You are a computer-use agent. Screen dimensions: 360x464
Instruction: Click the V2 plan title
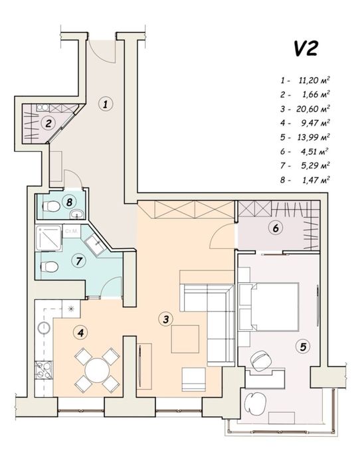click(x=306, y=48)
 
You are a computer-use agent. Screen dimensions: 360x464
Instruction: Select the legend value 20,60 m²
click(x=314, y=109)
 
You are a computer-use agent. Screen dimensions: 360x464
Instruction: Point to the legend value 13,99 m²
click(x=314, y=137)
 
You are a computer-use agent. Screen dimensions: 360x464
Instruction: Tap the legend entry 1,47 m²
click(x=316, y=180)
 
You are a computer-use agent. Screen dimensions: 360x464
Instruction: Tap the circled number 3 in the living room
click(x=165, y=319)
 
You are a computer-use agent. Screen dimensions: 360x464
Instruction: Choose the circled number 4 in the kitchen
click(x=80, y=333)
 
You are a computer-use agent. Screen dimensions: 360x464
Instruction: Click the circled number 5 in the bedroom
click(x=303, y=347)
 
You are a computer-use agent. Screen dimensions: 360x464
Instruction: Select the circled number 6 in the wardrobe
click(x=275, y=228)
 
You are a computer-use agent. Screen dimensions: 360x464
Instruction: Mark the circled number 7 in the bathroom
click(x=78, y=261)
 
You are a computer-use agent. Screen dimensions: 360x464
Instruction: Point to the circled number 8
click(x=69, y=202)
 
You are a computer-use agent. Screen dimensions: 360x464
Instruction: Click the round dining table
click(x=96, y=370)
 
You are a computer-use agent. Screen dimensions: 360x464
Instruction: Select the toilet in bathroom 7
click(x=48, y=267)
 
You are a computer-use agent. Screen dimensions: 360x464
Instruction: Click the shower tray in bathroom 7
click(x=48, y=238)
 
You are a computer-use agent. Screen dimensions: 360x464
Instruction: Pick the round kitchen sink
click(x=44, y=327)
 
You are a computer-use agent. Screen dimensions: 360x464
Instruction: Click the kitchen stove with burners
click(x=44, y=370)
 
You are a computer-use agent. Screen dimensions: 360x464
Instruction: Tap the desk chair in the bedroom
click(x=261, y=360)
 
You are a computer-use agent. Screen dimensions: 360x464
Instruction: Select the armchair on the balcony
click(x=256, y=404)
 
